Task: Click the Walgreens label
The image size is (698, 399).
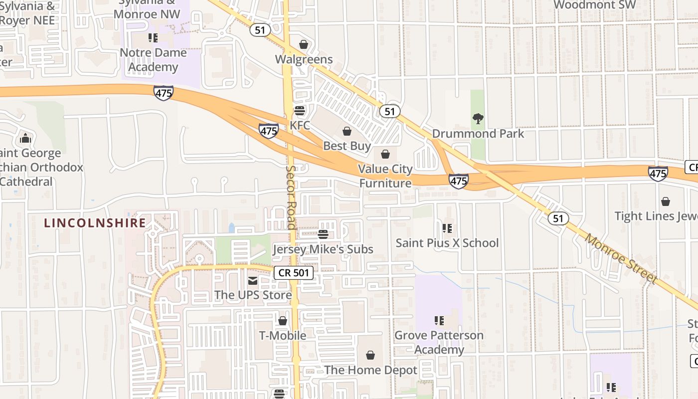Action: click(x=304, y=59)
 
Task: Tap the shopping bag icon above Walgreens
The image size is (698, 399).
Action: click(x=304, y=44)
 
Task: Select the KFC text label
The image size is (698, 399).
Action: click(x=300, y=125)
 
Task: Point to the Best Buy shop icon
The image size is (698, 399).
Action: click(x=347, y=131)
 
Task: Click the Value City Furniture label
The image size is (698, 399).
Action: click(x=385, y=176)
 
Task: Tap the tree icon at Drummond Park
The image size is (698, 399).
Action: click(x=478, y=119)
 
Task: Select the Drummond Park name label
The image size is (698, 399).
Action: click(x=478, y=134)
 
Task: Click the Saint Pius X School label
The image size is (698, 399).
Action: click(x=447, y=243)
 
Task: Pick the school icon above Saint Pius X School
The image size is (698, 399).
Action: click(x=447, y=228)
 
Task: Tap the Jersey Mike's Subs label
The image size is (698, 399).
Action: click(x=323, y=249)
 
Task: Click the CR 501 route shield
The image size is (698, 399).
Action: click(x=294, y=273)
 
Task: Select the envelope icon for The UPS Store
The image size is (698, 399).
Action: click(x=253, y=281)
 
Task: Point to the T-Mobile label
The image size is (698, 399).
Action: click(x=283, y=335)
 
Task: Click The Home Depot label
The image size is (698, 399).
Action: click(x=370, y=370)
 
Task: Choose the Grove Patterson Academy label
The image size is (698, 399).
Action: click(x=439, y=342)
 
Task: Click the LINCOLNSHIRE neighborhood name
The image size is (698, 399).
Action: click(x=95, y=223)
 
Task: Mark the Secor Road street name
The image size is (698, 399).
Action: click(x=291, y=197)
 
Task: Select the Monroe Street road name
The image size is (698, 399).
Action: click(x=621, y=258)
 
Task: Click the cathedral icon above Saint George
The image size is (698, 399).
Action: click(x=25, y=138)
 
